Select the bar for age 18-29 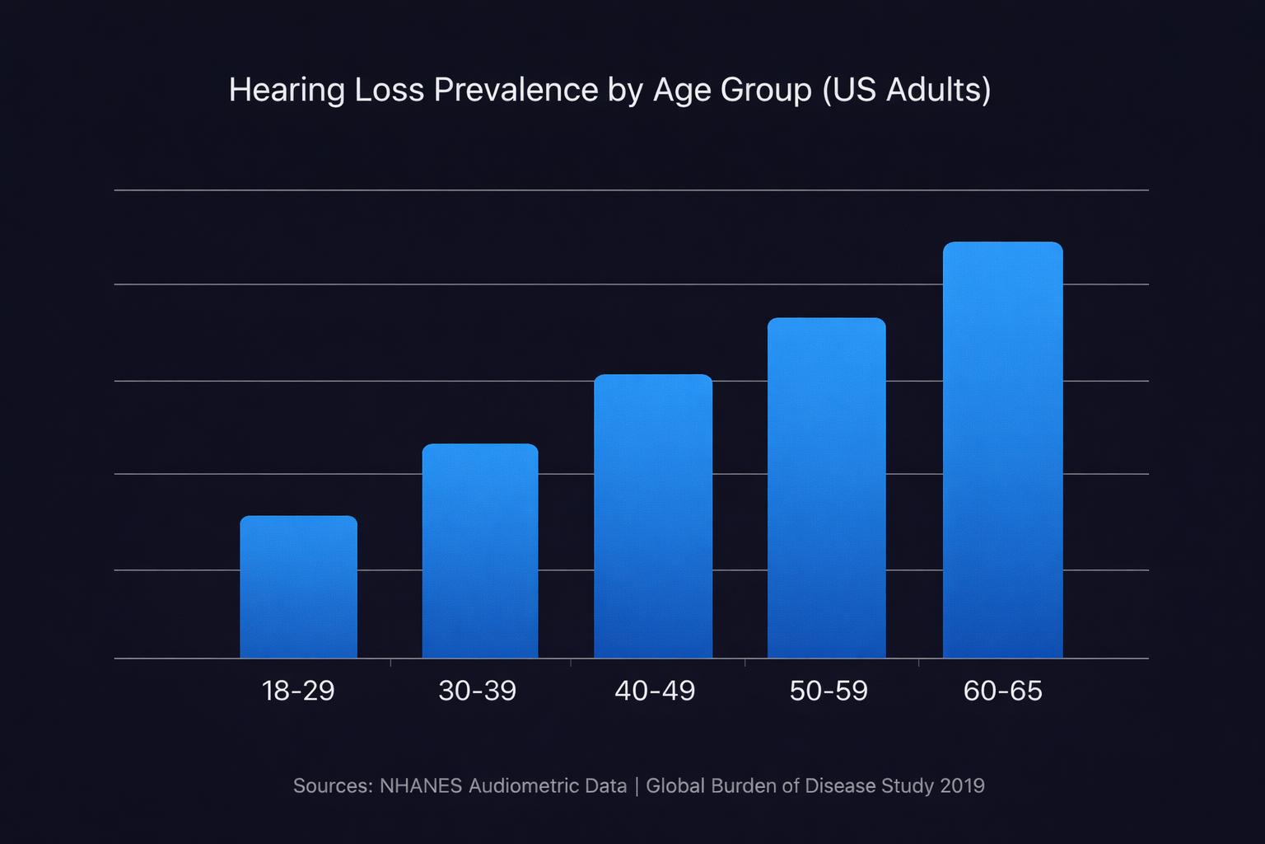298,587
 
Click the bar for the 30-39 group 480,551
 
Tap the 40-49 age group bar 653,516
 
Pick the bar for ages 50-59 826,488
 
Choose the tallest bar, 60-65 1002,450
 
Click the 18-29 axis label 298,691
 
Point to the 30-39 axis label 478,691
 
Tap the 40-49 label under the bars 655,691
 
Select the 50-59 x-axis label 829,691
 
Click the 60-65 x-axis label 1002,691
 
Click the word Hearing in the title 287,91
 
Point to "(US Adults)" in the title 907,90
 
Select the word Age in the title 682,91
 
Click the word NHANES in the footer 420,785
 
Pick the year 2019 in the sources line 962,785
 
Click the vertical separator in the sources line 637,785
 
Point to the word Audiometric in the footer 518,785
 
